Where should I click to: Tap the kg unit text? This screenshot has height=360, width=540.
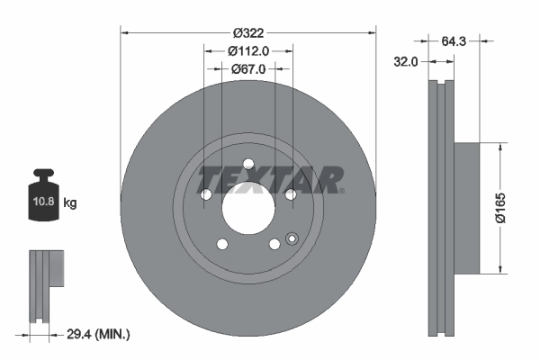click(x=70, y=203)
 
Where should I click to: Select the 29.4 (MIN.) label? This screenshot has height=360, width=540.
click(x=99, y=334)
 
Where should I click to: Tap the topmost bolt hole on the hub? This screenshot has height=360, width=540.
click(x=247, y=164)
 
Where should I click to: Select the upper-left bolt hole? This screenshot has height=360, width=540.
click(x=205, y=194)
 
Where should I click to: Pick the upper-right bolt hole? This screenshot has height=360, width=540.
click(x=290, y=194)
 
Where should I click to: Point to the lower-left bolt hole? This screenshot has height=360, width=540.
click(x=221, y=244)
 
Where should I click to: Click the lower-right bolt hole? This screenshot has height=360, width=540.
click(x=274, y=244)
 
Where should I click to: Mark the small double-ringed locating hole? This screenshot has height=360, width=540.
click(x=291, y=238)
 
